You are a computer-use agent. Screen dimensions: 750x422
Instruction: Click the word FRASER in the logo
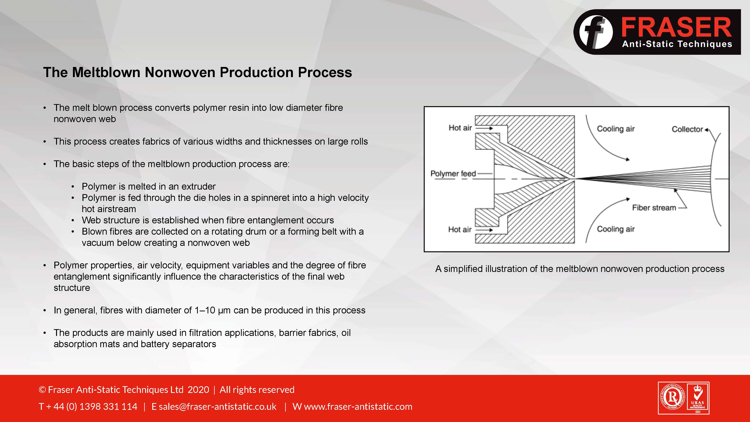676,27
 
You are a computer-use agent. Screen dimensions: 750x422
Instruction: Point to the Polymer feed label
453,173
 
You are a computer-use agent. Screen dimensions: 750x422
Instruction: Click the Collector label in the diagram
687,129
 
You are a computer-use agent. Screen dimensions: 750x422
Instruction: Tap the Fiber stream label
654,208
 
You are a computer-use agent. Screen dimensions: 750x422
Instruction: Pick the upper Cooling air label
616,129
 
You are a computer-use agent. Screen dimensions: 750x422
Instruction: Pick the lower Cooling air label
616,229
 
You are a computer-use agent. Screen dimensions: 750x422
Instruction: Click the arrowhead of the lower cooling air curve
628,199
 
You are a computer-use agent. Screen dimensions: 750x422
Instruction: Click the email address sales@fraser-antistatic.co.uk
217,407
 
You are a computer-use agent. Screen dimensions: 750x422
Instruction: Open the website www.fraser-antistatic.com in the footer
358,407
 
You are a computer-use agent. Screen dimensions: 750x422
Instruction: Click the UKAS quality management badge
698,398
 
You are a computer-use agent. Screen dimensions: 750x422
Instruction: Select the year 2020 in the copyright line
198,390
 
